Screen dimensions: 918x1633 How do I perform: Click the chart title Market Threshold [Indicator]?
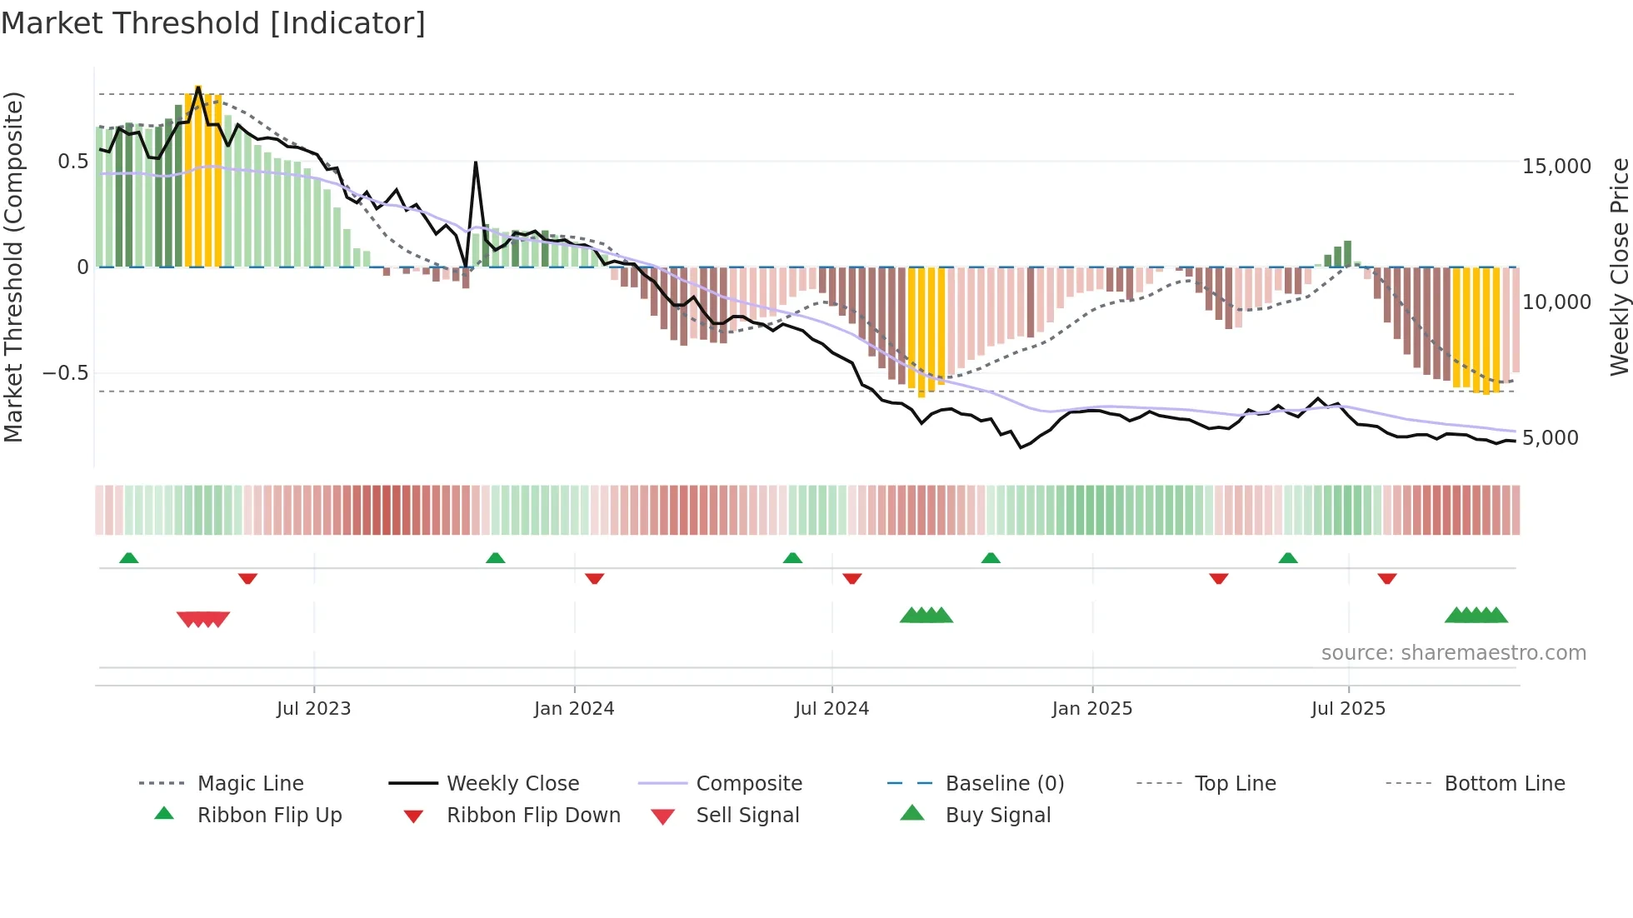[213, 23]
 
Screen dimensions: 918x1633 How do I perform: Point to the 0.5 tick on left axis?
[72, 162]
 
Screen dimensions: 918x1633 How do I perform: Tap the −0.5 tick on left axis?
[66, 373]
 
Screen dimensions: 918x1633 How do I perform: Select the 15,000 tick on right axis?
[1556, 167]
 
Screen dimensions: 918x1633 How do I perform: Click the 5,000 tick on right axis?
[1550, 438]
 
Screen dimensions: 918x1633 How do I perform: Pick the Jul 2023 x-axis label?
[313, 709]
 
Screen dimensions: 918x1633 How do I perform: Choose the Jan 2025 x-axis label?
[1091, 709]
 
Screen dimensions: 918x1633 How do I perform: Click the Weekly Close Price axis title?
[1619, 267]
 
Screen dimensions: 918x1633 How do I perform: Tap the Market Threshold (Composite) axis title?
[13, 267]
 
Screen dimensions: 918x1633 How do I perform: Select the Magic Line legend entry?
[250, 784]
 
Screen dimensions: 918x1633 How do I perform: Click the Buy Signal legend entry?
[997, 816]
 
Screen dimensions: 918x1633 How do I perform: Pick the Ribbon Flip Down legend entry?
[533, 816]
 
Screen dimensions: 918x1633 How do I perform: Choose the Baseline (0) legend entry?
[1004, 784]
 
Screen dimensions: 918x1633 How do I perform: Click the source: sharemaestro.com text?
[1453, 653]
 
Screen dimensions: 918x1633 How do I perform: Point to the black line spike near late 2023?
[476, 163]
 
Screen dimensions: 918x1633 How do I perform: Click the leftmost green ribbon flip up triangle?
[128, 558]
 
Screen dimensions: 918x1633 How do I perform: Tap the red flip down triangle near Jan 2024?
[594, 578]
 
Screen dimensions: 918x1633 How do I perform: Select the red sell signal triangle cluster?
[203, 619]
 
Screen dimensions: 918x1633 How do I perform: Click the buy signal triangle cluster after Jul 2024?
[926, 616]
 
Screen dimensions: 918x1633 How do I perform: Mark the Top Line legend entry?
[1234, 784]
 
